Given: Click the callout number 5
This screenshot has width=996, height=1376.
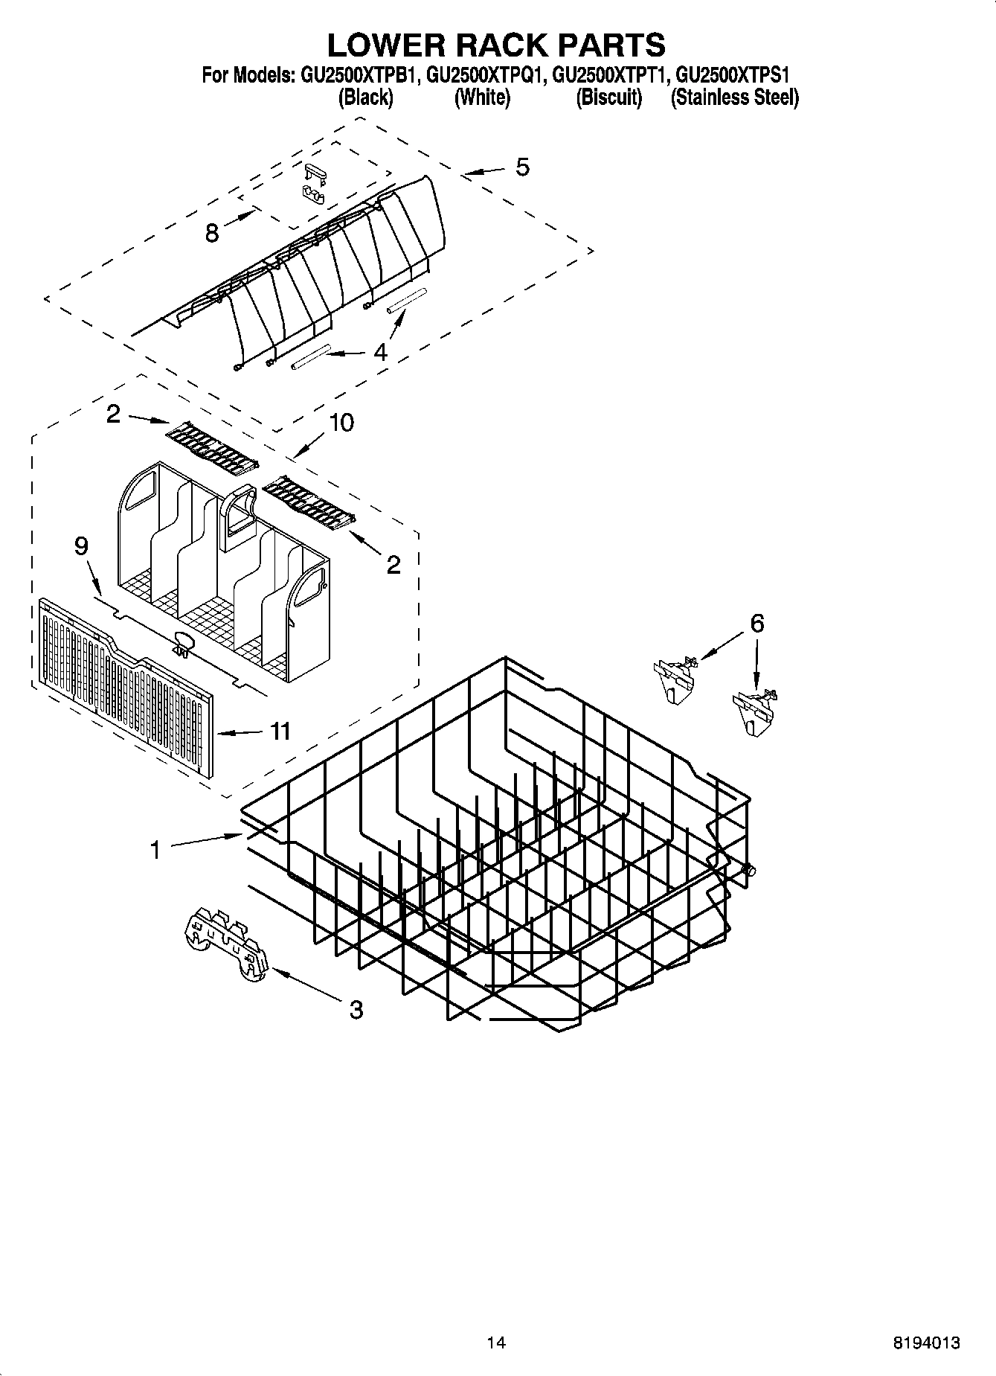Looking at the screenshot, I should point(523,167).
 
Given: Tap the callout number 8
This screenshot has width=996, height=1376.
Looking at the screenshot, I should point(212,234).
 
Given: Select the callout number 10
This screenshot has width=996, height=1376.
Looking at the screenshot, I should point(341,423).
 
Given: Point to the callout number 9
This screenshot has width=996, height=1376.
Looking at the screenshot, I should point(81,547).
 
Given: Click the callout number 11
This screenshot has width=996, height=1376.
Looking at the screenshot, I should point(280,732).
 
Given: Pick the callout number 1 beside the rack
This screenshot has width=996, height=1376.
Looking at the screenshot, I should point(155,850).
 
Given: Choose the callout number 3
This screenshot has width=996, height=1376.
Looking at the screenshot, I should point(356,1010).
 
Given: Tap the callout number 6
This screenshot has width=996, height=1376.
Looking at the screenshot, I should point(756,624).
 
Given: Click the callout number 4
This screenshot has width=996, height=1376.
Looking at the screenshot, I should point(380,351).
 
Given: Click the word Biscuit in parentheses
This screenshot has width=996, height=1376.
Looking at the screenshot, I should point(608,97).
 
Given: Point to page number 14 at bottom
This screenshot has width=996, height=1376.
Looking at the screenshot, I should point(496,1343).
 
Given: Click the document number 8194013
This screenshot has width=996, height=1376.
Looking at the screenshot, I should point(926,1343).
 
